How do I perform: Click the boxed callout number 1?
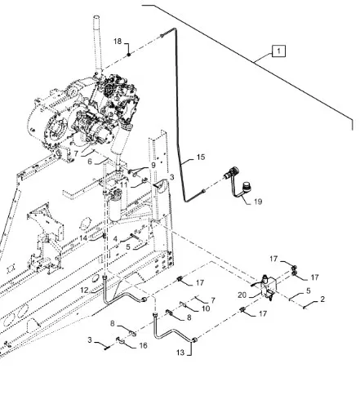point(278,51)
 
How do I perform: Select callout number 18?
point(118,42)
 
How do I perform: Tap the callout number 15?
point(201,158)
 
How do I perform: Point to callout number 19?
point(258,202)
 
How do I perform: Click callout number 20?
point(242,295)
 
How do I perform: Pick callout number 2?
point(322,300)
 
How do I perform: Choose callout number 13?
point(180,353)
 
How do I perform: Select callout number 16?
point(143,346)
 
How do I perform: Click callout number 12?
point(84,291)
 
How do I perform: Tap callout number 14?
point(83,238)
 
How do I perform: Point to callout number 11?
point(124,185)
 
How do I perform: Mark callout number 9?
point(153,165)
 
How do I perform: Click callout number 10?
point(206,308)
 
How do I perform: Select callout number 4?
point(115,239)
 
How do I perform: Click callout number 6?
point(90,162)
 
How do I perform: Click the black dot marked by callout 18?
point(129,55)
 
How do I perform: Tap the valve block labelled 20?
point(268,288)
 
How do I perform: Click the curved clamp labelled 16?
point(120,340)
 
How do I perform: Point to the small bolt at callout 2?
point(304,308)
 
